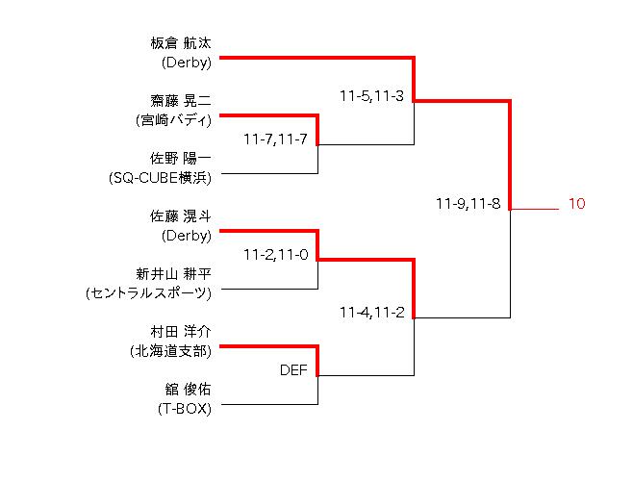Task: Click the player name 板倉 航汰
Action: point(180,43)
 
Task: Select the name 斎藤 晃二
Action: point(180,101)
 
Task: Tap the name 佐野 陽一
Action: point(180,159)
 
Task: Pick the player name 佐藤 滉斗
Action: point(180,216)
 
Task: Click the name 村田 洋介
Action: point(180,331)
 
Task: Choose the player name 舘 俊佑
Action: point(187,390)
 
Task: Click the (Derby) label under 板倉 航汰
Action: point(186,63)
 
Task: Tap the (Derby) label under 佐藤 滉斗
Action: point(186,236)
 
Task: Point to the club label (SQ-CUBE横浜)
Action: point(161,178)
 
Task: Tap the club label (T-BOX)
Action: point(185,409)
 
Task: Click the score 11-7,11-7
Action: point(275,139)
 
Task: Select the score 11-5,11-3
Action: point(371,96)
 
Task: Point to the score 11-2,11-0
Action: point(275,255)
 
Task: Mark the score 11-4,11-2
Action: point(371,313)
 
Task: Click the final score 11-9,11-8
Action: point(468,204)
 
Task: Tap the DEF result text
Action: point(293,369)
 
